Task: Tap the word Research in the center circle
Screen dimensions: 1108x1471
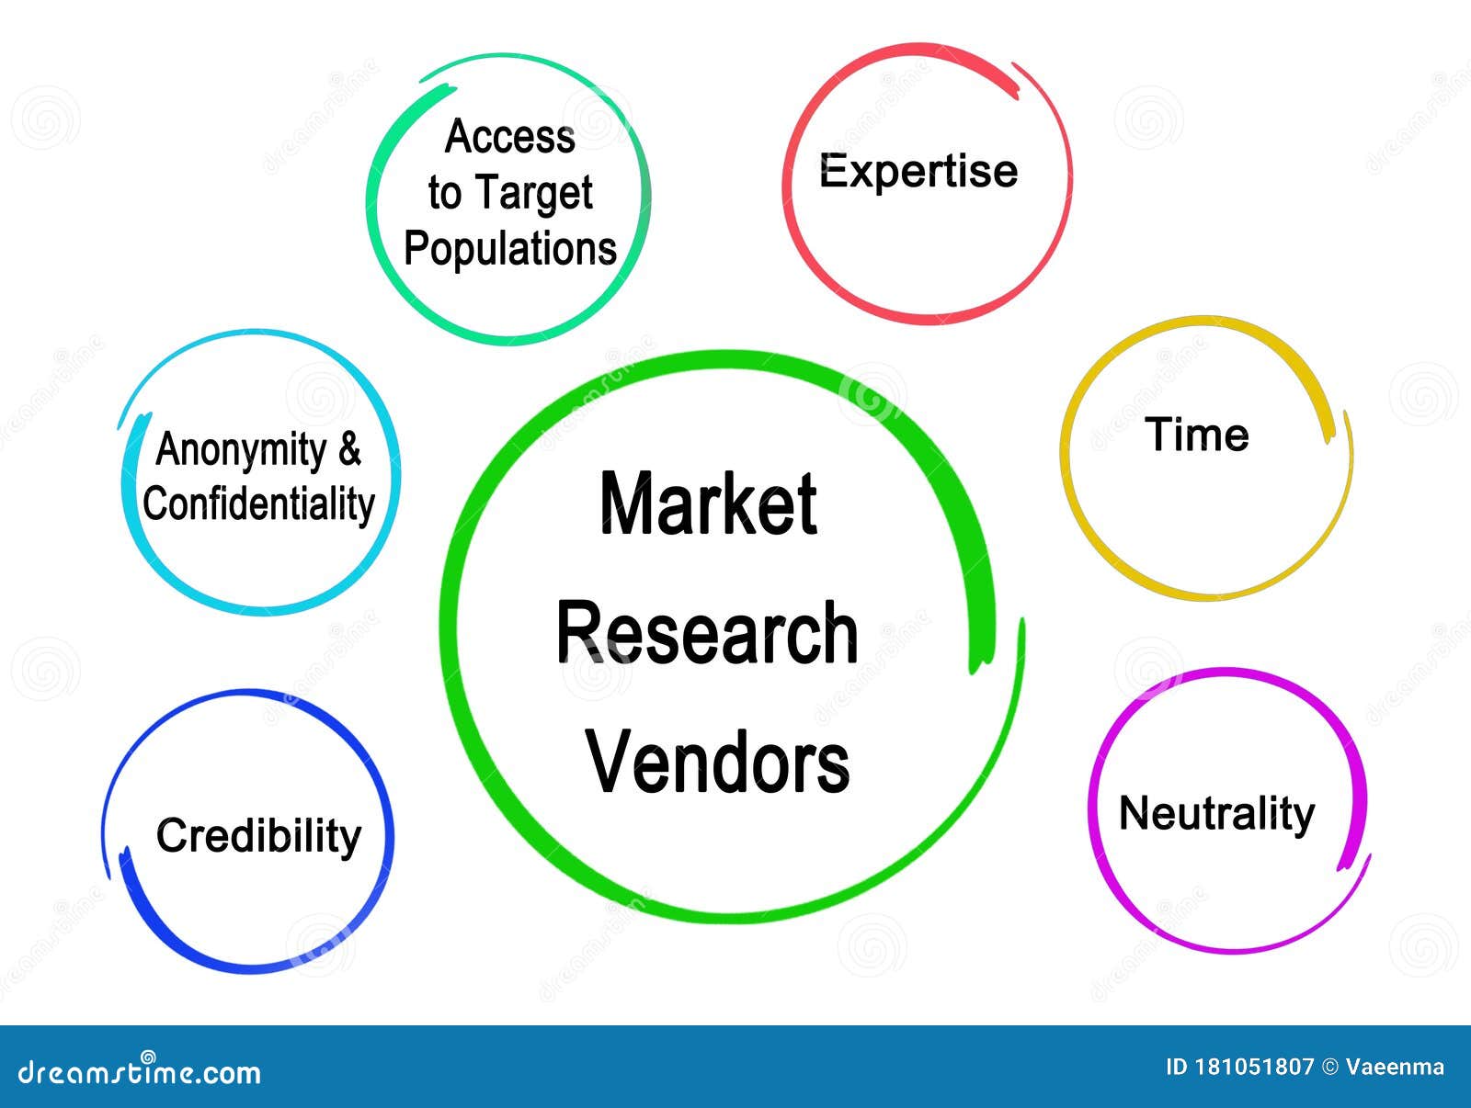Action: [x=707, y=633]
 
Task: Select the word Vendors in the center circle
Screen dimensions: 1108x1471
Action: [x=718, y=762]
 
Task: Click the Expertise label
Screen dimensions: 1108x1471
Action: [x=918, y=172]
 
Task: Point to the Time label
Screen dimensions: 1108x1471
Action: [x=1197, y=435]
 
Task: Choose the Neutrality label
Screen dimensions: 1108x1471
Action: [x=1216, y=814]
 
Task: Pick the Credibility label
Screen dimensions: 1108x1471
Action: [x=258, y=836]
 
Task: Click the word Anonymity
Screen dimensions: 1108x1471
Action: [x=242, y=450]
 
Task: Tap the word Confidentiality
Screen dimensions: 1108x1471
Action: [x=259, y=504]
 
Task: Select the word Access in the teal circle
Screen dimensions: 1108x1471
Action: [x=510, y=137]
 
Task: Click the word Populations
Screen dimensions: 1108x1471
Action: [x=510, y=249]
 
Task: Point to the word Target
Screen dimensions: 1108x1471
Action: [x=534, y=194]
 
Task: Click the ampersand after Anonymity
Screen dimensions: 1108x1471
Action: [x=349, y=449]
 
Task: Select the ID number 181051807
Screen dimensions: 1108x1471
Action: [x=1254, y=1068]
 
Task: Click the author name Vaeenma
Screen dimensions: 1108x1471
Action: [x=1395, y=1068]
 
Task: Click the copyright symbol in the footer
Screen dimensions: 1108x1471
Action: [x=1329, y=1068]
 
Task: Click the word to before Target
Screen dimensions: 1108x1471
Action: [x=444, y=194]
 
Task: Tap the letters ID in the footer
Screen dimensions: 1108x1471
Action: [x=1177, y=1068]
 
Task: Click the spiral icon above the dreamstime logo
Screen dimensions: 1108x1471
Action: [x=147, y=1057]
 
